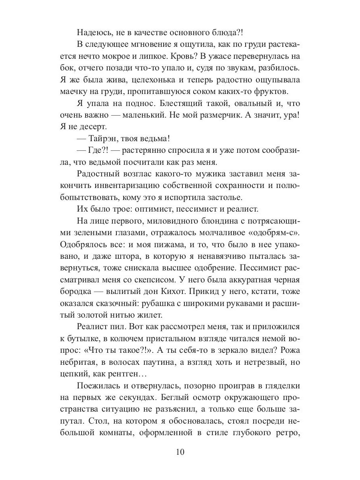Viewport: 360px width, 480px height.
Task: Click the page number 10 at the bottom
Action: [180, 452]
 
